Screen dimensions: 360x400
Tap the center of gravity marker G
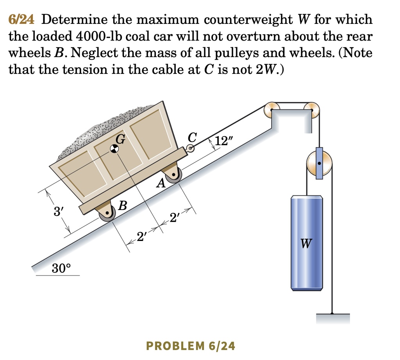click(114, 148)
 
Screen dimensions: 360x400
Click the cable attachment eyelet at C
click(191, 148)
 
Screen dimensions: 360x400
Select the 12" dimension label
click(224, 141)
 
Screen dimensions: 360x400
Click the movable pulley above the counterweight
click(319, 164)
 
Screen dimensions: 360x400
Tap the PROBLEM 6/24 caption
click(191, 346)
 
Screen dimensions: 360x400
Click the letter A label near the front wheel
click(160, 183)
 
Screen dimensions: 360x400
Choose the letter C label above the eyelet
click(192, 137)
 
